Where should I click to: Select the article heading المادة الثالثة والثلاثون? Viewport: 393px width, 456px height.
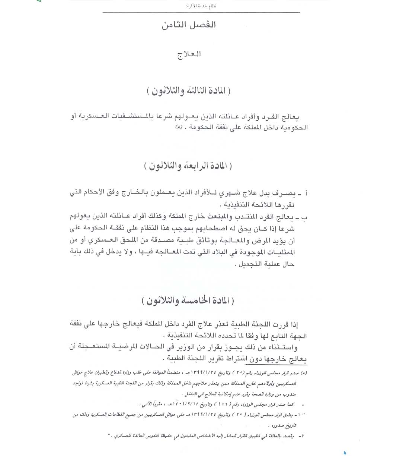point(189,91)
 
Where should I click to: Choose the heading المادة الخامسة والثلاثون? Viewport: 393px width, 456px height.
point(189,301)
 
